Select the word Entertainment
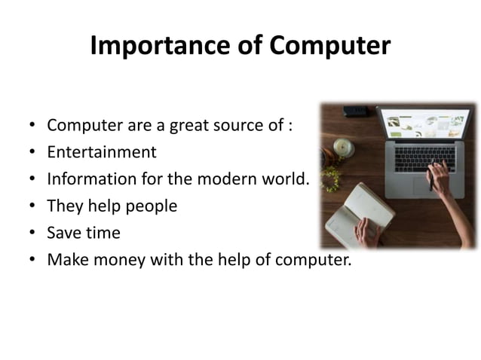pyautogui.click(x=102, y=152)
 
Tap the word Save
pyautogui.click(x=63, y=233)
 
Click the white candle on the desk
pyautogui.click(x=344, y=146)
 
